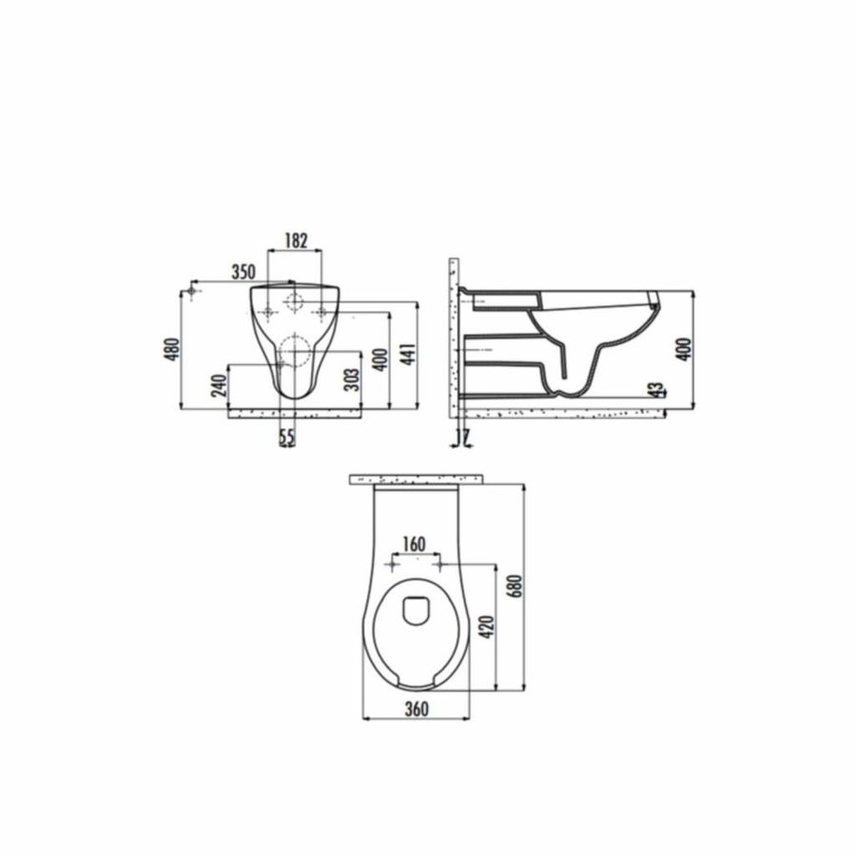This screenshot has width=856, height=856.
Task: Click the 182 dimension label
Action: tap(297, 242)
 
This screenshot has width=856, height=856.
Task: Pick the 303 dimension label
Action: tap(351, 381)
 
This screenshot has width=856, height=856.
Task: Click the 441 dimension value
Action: tap(408, 356)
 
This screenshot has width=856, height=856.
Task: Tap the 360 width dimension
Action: tap(416, 709)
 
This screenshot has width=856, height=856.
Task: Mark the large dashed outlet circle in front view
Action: tap(297, 352)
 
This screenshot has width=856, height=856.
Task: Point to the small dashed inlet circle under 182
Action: tap(295, 303)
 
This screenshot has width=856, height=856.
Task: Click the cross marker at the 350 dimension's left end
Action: tap(193, 289)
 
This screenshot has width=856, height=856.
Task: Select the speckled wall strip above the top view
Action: tap(418, 477)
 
